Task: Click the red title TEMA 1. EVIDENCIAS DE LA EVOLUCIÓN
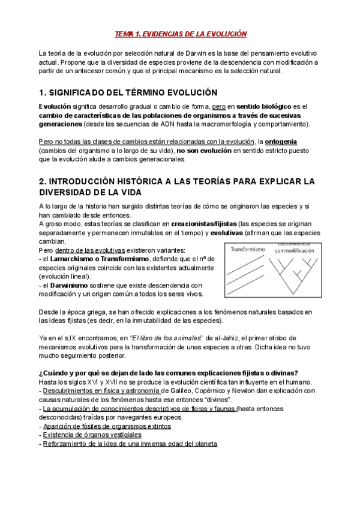181,34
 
